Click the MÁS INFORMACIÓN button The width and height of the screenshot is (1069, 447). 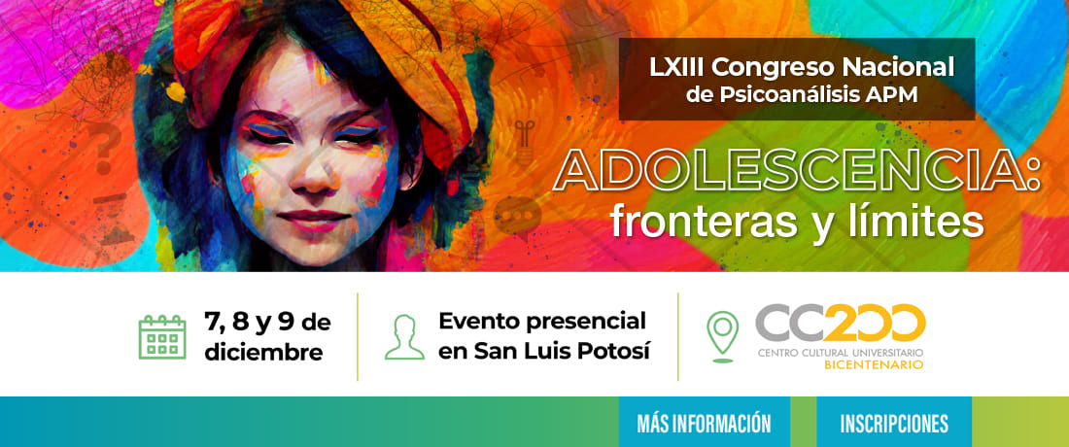coord(704,423)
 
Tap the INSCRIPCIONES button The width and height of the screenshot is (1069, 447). coord(894,423)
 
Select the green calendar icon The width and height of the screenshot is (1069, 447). coord(162,336)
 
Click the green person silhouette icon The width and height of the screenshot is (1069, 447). coord(404,336)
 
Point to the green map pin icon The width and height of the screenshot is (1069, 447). coord(723,336)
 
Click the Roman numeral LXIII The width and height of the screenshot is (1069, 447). coord(677,67)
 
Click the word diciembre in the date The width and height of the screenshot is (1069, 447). coord(263,353)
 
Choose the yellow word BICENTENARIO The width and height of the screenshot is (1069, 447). coord(874,365)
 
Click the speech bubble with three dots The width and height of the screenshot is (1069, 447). coord(517,214)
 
